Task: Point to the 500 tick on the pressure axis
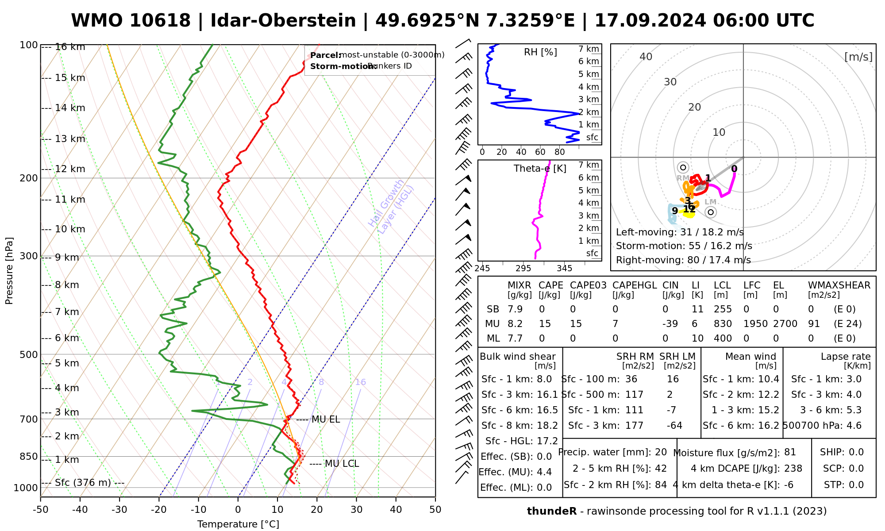(x=29, y=354)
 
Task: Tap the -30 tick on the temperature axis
(x=119, y=510)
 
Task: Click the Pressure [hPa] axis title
(x=9, y=271)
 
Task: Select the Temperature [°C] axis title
(x=238, y=524)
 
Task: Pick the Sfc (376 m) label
(x=83, y=483)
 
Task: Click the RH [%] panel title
(x=540, y=52)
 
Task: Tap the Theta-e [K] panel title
(x=540, y=169)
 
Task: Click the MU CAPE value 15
(x=545, y=324)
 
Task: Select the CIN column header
(x=670, y=285)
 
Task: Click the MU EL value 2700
(x=785, y=324)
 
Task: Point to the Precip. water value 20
(x=661, y=452)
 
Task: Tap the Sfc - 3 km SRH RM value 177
(x=635, y=426)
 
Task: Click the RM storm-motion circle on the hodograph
(x=683, y=167)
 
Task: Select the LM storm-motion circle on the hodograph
(x=711, y=212)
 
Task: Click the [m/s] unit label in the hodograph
(x=858, y=57)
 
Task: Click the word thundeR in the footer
(x=551, y=512)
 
